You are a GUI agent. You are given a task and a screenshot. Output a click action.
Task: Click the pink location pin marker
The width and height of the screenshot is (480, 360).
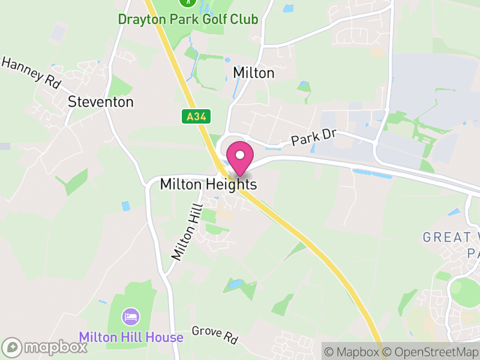(239, 158)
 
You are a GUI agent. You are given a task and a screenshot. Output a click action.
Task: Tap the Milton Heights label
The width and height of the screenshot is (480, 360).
(208, 185)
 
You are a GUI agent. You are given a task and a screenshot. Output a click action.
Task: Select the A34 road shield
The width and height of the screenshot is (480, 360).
(196, 117)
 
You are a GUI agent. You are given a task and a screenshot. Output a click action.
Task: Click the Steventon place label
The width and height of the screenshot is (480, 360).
(101, 102)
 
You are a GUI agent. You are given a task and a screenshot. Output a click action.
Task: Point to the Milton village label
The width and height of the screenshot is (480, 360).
(253, 73)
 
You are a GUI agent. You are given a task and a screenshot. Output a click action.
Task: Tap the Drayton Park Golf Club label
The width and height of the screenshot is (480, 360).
(188, 19)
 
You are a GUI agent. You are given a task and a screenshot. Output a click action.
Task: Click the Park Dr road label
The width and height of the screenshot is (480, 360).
(313, 139)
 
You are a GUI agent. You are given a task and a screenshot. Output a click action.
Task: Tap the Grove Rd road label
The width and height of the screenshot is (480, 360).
(215, 334)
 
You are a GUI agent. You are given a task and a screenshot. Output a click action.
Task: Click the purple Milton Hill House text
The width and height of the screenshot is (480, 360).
(131, 337)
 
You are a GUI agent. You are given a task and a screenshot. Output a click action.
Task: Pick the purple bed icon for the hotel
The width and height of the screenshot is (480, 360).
(131, 316)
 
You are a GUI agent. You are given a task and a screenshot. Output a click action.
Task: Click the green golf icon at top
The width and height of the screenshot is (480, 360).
(188, 2)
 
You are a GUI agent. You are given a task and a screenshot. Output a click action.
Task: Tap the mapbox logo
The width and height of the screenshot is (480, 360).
(46, 347)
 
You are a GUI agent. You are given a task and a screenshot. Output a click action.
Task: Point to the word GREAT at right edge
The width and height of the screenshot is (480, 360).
(447, 237)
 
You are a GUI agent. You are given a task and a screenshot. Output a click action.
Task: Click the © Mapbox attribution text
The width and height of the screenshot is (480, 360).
(354, 352)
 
